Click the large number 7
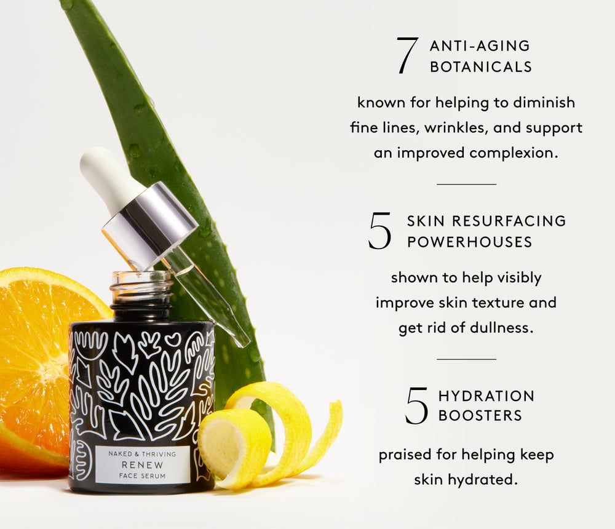pos(407,55)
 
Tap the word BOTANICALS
pos(481,67)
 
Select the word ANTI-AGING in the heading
pos(480,46)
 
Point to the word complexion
pos(514,153)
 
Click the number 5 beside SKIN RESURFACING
pos(379,231)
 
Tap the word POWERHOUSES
pos(469,242)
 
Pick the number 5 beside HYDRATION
pos(416,406)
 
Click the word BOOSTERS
pos(480,416)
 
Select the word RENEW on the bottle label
pos(142,465)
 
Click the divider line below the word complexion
pos(466,184)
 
